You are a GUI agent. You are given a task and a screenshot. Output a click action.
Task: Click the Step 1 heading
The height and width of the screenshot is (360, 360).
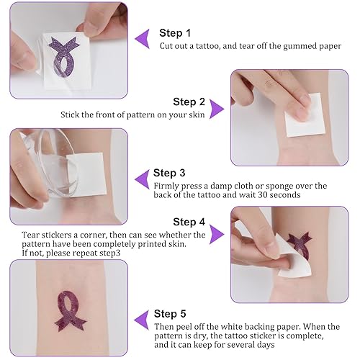coord(175,33)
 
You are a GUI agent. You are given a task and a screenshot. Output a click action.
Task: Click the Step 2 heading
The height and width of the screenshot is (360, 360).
coord(189,102)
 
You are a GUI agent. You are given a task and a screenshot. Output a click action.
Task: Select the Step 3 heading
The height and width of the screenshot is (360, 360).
coord(169,173)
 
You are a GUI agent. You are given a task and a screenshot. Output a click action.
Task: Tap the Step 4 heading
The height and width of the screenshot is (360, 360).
coord(189,222)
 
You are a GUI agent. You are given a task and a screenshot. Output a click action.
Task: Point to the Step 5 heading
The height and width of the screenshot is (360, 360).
coord(170,313)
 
